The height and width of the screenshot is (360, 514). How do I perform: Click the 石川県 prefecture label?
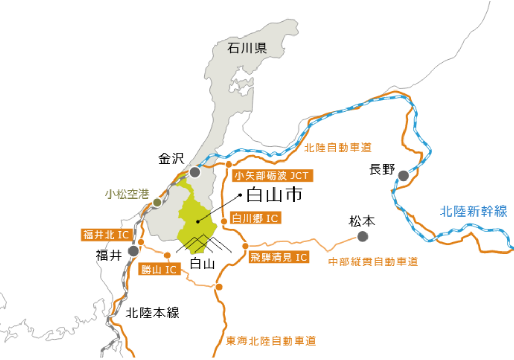tap(247, 49)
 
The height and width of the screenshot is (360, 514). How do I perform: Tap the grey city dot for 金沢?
tap(195, 172)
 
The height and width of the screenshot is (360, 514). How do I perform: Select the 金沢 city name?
tap(171, 159)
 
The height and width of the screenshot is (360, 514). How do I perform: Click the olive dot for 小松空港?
tap(157, 202)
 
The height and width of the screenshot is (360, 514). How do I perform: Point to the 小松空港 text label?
tap(127, 194)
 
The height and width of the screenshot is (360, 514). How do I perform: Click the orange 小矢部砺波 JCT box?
tap(272, 176)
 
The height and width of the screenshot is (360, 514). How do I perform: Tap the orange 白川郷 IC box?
tap(255, 219)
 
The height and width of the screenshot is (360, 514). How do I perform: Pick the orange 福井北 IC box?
tap(105, 235)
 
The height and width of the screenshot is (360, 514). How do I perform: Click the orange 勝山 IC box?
tap(159, 269)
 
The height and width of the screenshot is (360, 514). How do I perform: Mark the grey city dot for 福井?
tap(134, 251)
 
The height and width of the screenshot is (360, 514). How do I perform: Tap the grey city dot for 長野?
tap(403, 175)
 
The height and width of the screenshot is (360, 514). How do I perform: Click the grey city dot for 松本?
tap(363, 237)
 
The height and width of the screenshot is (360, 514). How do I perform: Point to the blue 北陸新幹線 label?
tap(473, 211)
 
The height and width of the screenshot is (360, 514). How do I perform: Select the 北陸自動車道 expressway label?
tap(337, 148)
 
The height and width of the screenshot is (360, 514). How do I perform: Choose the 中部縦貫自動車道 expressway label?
tap(373, 262)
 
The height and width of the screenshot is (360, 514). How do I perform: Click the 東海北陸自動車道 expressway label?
tap(271, 340)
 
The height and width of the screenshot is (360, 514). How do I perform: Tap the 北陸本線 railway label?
tap(153, 312)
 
